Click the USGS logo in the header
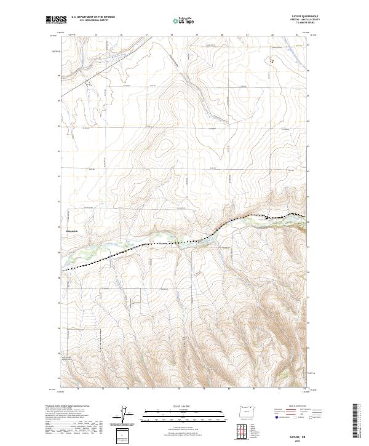pos(57,20)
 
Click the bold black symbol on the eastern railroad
pos(266,217)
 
